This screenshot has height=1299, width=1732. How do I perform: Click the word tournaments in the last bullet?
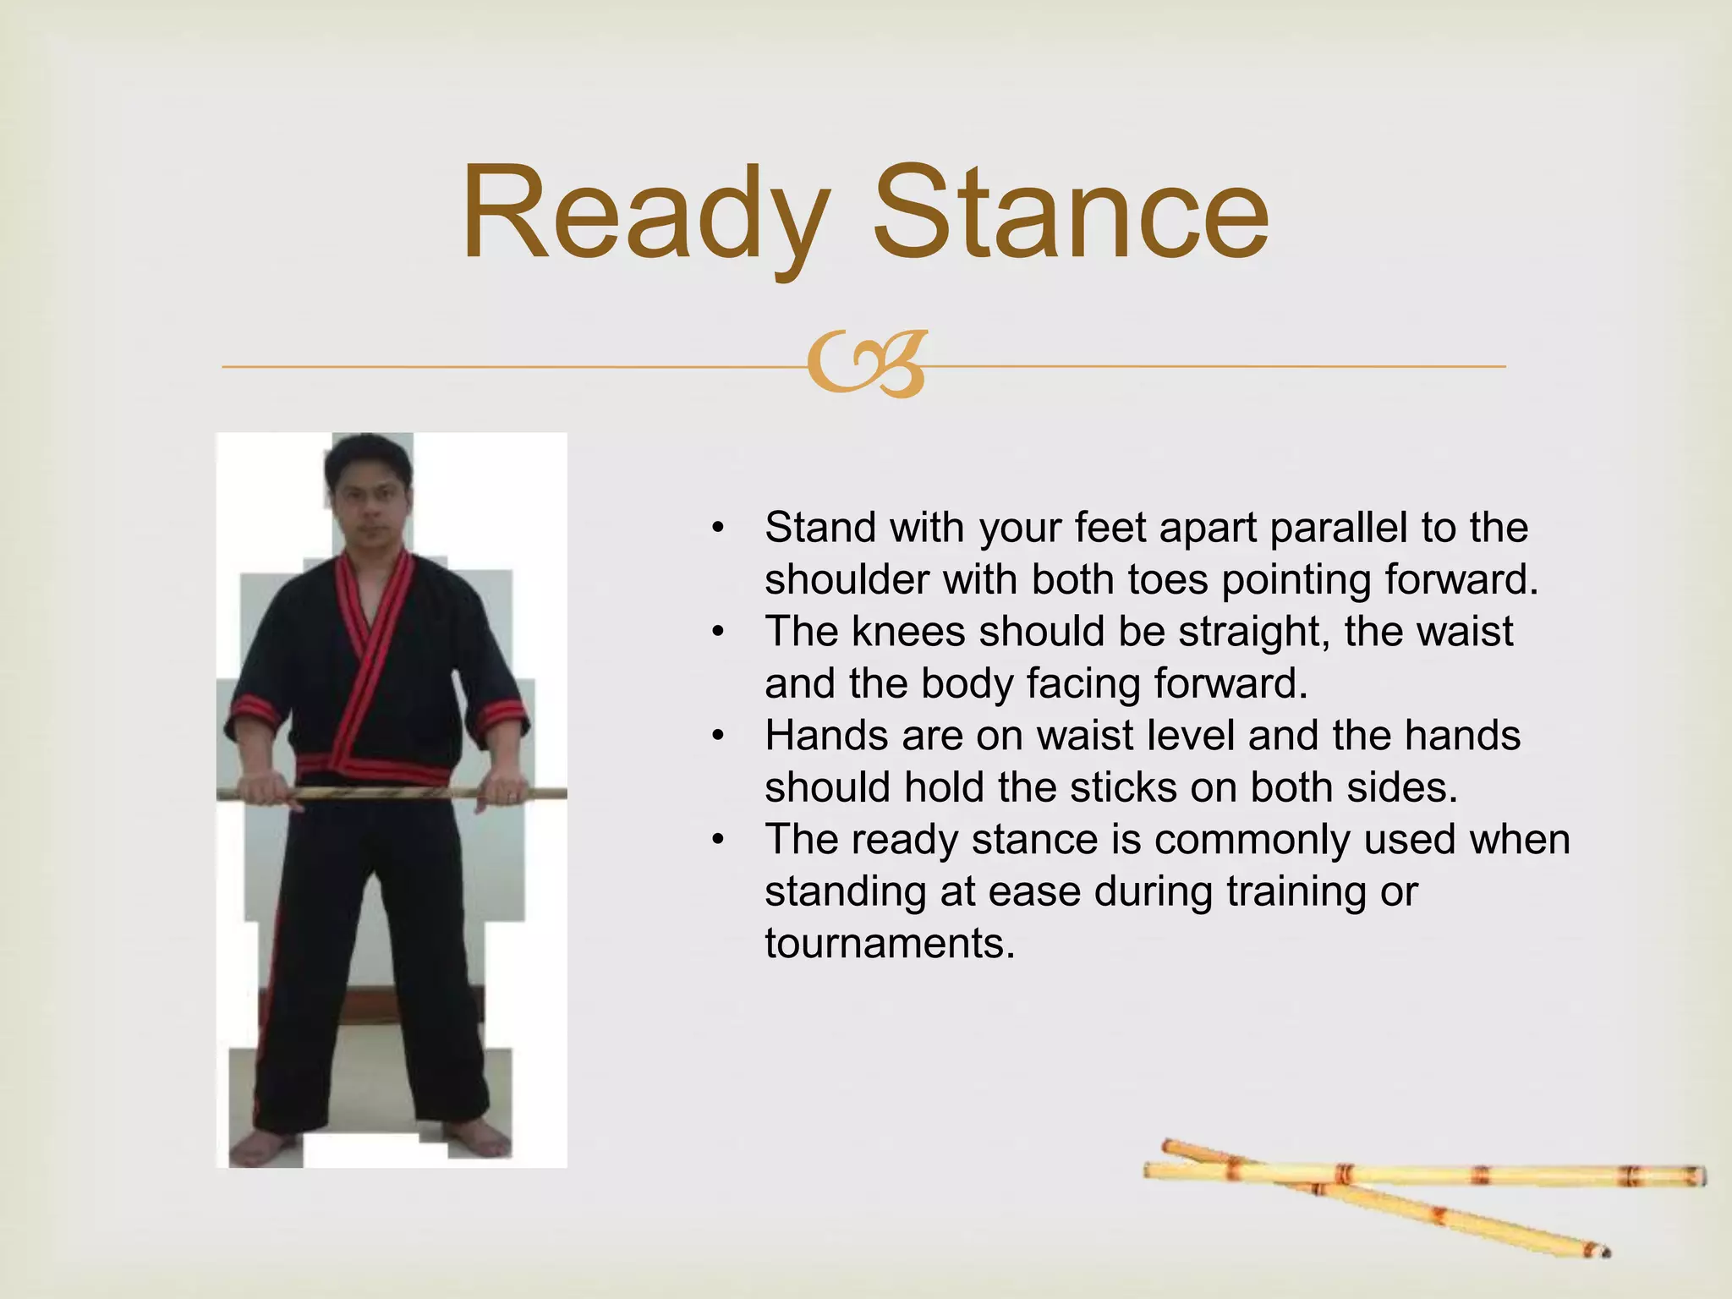point(890,943)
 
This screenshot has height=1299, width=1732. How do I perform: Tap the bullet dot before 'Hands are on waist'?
point(718,736)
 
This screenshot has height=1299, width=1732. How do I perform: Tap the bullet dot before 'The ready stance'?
point(718,840)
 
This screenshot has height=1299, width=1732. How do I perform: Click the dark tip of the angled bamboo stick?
point(1603,1251)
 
